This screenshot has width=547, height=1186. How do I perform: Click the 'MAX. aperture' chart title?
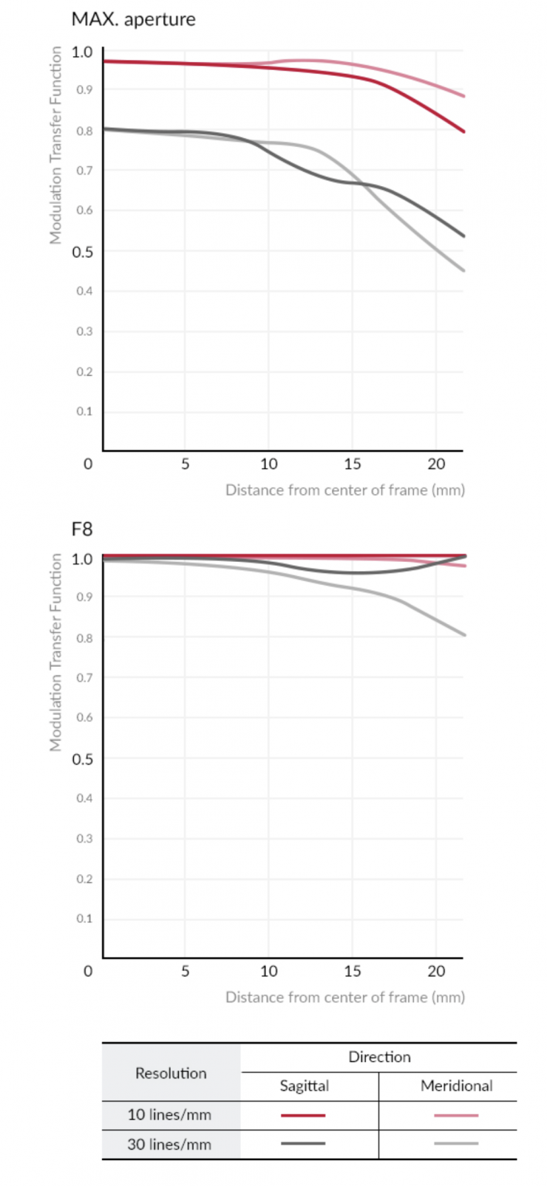tap(133, 19)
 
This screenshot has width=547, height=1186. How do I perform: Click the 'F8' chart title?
tap(81, 529)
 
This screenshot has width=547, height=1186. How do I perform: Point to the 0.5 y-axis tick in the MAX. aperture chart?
tap(82, 251)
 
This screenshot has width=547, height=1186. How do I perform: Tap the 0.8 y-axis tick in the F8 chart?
tap(84, 638)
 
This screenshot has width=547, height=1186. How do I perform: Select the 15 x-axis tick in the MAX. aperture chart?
tap(353, 464)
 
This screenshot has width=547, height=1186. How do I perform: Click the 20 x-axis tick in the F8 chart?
tap(436, 971)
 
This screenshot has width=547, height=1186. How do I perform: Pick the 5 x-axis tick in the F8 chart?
tap(185, 971)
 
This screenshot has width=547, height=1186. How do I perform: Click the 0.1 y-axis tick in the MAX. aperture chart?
tap(84, 411)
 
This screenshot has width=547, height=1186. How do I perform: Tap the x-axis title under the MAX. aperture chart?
tap(344, 490)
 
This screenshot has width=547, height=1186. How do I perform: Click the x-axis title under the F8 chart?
tap(344, 997)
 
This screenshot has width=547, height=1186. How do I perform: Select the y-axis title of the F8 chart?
tap(55, 652)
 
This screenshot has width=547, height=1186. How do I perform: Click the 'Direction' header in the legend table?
tap(379, 1057)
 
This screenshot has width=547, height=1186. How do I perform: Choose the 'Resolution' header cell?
tap(171, 1073)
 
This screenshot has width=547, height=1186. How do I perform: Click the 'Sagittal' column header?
tap(304, 1086)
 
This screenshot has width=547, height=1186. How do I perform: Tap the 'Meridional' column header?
tap(456, 1086)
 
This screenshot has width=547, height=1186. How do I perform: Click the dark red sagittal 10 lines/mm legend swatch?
tap(303, 1115)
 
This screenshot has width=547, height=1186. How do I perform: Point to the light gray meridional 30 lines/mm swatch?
tap(456, 1144)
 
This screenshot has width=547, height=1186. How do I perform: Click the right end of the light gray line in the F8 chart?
tap(463, 634)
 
